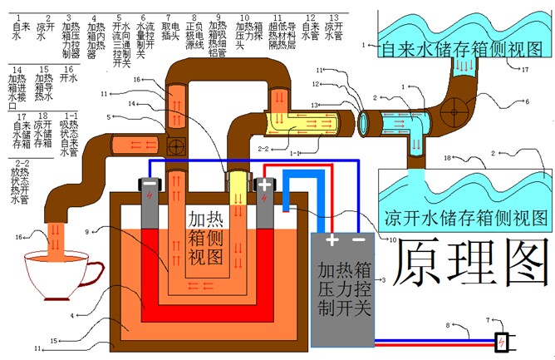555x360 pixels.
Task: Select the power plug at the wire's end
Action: (x=502, y=341)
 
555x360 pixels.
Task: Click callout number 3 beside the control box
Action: (x=384, y=281)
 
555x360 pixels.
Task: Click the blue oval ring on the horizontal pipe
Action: (x=364, y=123)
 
